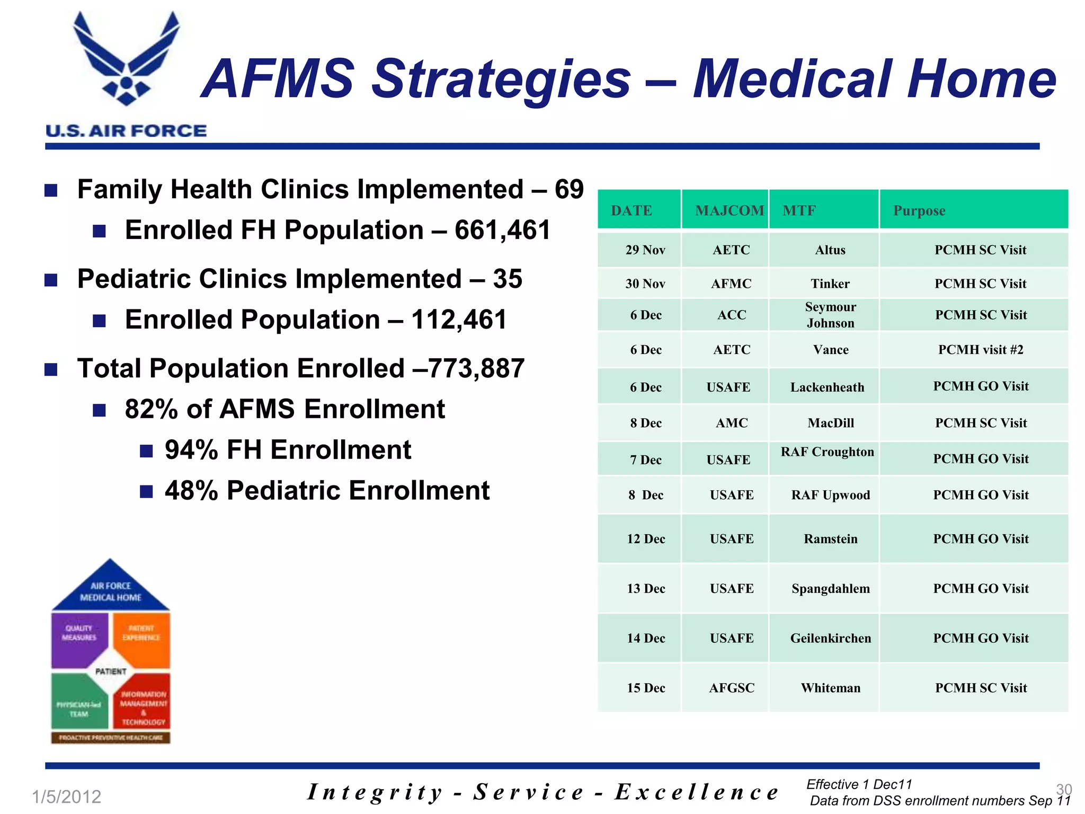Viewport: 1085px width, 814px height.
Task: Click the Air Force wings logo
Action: (126, 58)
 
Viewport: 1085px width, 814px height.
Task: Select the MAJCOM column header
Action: (729, 210)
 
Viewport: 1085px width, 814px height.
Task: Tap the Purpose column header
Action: (919, 210)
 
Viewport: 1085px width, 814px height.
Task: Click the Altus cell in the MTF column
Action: (830, 250)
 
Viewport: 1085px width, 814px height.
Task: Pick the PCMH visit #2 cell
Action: (980, 350)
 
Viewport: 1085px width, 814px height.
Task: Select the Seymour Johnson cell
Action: (830, 315)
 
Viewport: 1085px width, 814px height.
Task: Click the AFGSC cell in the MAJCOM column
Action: (731, 688)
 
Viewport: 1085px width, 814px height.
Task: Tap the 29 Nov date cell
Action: (645, 250)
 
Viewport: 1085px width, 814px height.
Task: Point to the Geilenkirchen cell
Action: (830, 638)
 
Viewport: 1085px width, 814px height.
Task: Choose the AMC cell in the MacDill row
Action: (731, 423)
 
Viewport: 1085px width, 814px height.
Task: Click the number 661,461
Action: (502, 230)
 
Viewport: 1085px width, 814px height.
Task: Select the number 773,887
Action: (476, 368)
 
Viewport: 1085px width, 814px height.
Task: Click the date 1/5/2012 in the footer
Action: (66, 797)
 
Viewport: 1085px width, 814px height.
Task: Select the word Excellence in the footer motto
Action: (696, 792)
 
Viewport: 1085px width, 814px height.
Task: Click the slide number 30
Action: (1064, 789)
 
